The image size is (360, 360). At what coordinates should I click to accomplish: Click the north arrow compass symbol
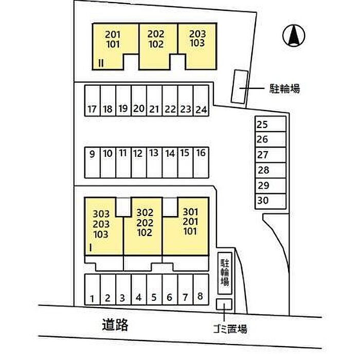click(x=294, y=35)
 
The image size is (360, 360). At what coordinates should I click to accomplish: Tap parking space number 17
click(x=92, y=101)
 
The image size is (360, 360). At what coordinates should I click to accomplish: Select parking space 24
click(x=201, y=101)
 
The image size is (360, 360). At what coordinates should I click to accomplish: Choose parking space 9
click(x=92, y=163)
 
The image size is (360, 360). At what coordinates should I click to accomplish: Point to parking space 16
click(x=201, y=163)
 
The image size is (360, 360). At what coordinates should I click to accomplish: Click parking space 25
click(x=271, y=124)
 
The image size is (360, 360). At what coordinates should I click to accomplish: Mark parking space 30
click(x=271, y=201)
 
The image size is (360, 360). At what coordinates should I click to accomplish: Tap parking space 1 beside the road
click(x=92, y=290)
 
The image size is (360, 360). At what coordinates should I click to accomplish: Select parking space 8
click(x=201, y=290)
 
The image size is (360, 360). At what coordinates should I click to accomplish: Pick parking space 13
click(x=154, y=163)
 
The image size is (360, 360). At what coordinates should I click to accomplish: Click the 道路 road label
click(x=115, y=325)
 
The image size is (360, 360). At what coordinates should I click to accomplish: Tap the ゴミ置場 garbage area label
click(x=230, y=329)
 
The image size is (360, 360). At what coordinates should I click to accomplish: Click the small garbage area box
click(x=224, y=304)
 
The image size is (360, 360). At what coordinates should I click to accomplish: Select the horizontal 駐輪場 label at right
click(x=285, y=88)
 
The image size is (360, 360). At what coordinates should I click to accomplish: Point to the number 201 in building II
click(x=113, y=34)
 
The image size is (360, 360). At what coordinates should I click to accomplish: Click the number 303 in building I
click(x=101, y=214)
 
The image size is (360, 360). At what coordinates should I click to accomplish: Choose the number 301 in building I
click(x=190, y=212)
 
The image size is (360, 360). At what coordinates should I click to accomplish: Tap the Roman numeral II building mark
click(x=101, y=63)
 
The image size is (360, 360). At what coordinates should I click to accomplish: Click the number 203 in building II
click(x=197, y=34)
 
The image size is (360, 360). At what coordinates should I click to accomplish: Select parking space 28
click(x=271, y=170)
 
